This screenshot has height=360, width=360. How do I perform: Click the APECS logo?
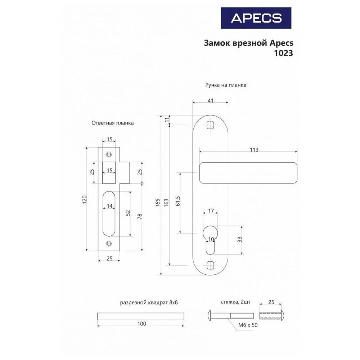[256, 18]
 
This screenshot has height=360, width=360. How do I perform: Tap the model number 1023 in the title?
[284, 53]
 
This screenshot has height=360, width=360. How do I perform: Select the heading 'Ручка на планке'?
[226, 85]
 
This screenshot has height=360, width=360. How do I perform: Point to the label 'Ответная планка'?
[112, 123]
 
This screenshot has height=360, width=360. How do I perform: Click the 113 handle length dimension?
[254, 150]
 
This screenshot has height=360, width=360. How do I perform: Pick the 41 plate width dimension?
[210, 100]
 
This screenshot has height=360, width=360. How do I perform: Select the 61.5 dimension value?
[177, 201]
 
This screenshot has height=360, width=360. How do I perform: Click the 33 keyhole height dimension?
[239, 239]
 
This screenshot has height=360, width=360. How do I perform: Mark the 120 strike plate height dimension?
[85, 200]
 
